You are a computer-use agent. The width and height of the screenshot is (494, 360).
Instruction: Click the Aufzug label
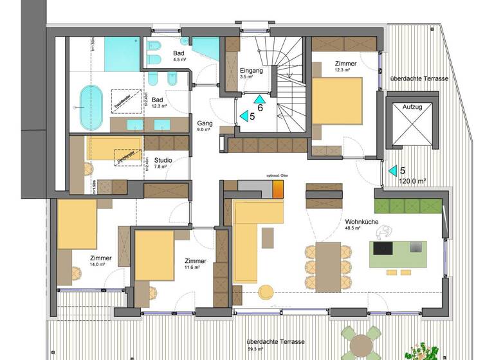click(x=412, y=107)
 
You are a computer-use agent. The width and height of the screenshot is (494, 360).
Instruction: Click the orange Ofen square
click(x=278, y=188)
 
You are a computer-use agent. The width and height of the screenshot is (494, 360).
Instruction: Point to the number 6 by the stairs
click(x=261, y=109)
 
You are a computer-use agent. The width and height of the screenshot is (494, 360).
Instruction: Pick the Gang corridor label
click(x=204, y=123)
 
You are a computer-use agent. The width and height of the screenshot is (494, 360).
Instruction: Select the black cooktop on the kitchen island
click(x=385, y=249)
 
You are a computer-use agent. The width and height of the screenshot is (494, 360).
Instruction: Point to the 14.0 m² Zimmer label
click(x=101, y=258)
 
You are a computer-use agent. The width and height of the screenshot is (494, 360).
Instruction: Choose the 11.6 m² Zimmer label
click(x=195, y=261)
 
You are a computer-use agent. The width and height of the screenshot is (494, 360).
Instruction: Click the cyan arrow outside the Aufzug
click(x=392, y=171)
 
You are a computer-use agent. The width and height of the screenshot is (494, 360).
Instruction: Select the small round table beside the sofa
click(x=265, y=293)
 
